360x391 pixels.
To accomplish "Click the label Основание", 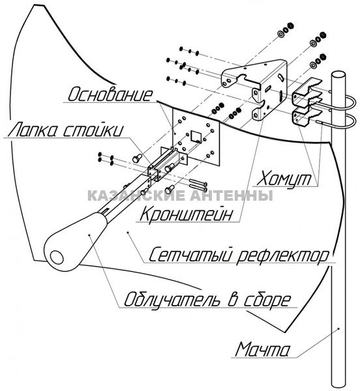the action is pos(110,94).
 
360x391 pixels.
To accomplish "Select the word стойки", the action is pos(93,130).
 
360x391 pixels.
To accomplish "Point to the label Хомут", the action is pos(284,179).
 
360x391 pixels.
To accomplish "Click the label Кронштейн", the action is pos(186,214).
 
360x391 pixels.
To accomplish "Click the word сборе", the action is pos(267,299).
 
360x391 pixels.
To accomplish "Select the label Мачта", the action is pos(262,349).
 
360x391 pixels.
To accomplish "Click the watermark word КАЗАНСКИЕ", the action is pos(138,195).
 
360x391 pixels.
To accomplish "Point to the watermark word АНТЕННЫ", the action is pos(232,195).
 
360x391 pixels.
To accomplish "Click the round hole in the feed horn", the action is pos(57,257).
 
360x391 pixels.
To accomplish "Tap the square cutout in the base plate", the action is pos(196,136).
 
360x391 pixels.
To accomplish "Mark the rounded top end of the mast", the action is pos(338,75).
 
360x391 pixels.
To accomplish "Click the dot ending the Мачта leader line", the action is pos(338,328).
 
